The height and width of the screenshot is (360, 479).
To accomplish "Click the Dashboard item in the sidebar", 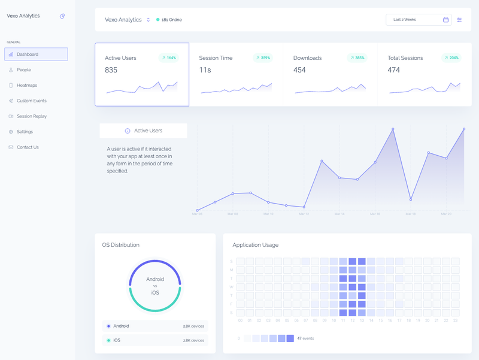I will click(36, 55).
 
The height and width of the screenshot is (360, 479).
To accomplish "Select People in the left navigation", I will click(24, 70).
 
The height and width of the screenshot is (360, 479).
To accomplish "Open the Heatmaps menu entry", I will click(27, 86).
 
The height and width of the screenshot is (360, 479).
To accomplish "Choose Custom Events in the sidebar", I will click(31, 101).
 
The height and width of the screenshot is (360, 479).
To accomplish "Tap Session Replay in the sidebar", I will click(31, 116).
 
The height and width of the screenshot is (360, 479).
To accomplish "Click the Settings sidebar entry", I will click(25, 132).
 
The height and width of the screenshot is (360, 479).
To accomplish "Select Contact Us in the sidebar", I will click(28, 147).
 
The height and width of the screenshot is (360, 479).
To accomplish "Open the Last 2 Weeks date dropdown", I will click(418, 20).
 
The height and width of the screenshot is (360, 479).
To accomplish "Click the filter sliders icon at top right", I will click(459, 20).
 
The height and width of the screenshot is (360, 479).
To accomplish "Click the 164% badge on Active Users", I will click(168, 58).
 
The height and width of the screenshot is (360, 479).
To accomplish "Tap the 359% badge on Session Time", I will click(262, 58).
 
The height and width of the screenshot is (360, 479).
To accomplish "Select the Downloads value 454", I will click(299, 70).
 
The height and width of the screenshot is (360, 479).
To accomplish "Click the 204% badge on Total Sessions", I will click(451, 58).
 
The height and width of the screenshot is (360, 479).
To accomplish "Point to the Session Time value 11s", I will click(205, 70).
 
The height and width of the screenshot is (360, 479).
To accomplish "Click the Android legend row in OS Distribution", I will click(155, 326).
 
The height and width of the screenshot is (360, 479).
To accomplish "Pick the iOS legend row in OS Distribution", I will click(155, 340).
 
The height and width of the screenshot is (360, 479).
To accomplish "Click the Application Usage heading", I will click(255, 245).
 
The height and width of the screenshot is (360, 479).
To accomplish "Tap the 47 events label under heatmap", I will click(305, 338).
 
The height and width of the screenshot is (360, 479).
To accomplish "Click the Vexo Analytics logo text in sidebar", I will click(23, 16).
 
